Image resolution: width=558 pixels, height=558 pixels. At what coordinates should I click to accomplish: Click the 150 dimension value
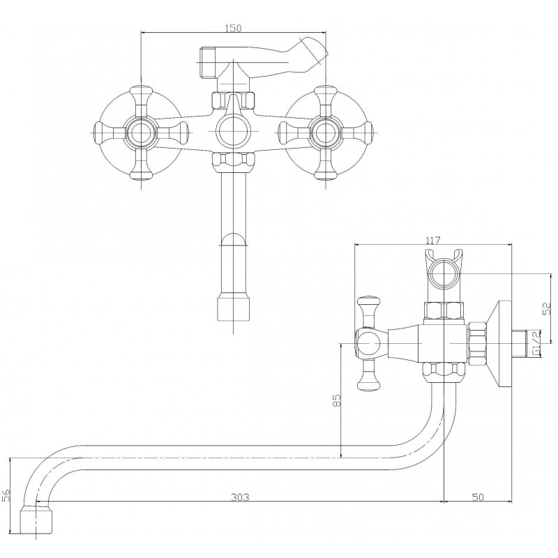point(233,28)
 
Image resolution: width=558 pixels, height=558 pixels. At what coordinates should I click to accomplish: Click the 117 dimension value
point(433,241)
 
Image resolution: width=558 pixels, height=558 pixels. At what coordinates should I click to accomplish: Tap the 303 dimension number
point(240,497)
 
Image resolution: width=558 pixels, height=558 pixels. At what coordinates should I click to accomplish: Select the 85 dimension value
point(337,400)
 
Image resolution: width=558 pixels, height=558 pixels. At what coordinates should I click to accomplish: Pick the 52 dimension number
point(546,308)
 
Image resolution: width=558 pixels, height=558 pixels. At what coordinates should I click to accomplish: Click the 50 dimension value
point(478,497)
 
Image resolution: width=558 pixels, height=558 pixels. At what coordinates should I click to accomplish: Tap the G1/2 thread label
point(536,343)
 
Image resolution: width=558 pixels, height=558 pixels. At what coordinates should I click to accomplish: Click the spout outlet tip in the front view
point(233,308)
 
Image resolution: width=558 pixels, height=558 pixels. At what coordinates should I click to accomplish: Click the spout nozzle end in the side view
point(36,520)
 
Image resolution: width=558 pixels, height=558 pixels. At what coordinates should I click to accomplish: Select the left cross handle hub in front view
point(141,132)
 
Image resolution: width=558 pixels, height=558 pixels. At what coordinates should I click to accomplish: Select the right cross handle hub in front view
point(326,132)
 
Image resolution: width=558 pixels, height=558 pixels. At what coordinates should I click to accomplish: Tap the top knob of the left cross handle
point(142,92)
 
